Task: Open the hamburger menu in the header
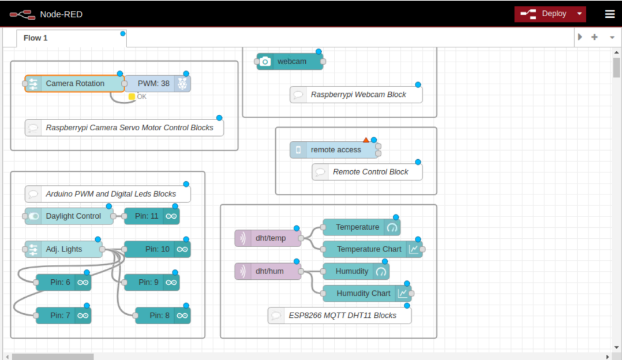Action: (610, 14)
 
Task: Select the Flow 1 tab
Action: (36, 38)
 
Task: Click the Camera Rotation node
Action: (74, 84)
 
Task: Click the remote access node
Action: (335, 150)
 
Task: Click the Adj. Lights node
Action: (63, 249)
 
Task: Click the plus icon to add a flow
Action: (594, 37)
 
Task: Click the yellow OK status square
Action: (132, 97)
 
